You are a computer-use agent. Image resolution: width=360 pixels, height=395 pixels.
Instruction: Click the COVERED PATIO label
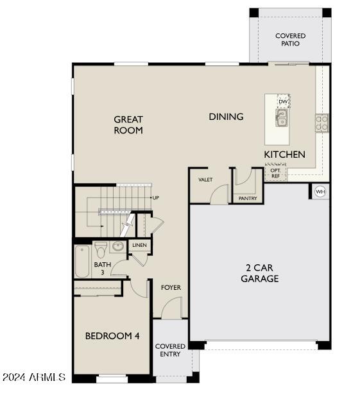tap(290, 40)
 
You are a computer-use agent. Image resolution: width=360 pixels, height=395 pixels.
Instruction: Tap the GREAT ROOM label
tap(128, 124)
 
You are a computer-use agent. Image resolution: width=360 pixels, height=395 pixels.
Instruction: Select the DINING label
tap(226, 117)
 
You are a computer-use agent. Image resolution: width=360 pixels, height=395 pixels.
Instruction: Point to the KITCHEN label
tap(284, 155)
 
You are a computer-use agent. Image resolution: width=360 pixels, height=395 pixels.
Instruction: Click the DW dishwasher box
tap(283, 102)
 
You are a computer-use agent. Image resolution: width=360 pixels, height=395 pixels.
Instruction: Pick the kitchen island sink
tap(282, 117)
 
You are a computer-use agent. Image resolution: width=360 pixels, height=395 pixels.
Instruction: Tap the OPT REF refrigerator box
tap(275, 172)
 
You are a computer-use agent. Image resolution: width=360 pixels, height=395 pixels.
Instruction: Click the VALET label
tap(205, 180)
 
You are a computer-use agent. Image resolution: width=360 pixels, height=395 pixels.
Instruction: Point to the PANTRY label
tap(247, 199)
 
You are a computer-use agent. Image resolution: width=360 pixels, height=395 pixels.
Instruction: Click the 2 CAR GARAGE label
tap(260, 273)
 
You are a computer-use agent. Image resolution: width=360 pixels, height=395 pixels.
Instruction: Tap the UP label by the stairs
tap(155, 197)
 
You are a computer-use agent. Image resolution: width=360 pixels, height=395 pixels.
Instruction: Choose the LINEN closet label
tap(139, 246)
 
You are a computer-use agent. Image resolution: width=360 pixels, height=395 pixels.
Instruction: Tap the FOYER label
tap(171, 287)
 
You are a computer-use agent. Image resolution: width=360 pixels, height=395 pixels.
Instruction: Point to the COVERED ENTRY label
tap(170, 350)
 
